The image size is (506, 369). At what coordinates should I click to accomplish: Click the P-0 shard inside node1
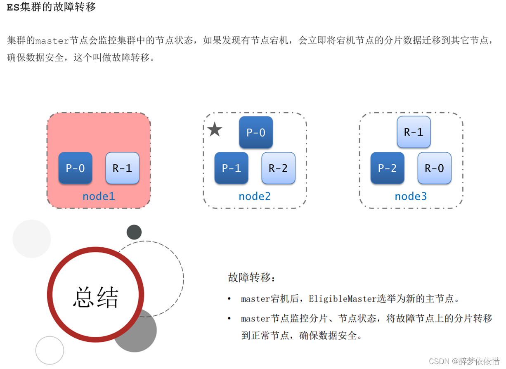point(75,168)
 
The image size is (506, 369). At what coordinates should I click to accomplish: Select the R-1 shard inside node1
point(123,168)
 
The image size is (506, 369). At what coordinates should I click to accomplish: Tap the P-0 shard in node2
point(256,132)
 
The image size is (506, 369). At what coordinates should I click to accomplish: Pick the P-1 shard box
point(231,168)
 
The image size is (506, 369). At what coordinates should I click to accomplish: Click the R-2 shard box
point(278,168)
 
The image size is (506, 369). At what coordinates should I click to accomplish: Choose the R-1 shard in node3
point(414,132)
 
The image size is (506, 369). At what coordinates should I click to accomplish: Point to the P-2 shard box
point(387,168)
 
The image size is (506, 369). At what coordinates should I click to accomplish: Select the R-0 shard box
point(434,168)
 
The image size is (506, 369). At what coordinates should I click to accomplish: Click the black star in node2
point(215,130)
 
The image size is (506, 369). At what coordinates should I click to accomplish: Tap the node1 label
point(99,196)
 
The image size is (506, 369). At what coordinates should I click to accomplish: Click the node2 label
point(255,196)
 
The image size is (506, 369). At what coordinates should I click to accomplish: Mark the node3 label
point(411,196)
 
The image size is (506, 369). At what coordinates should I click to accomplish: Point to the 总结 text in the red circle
point(96,297)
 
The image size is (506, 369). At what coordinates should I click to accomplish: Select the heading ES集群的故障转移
point(51,7)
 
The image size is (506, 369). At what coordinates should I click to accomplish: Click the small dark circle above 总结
point(134,232)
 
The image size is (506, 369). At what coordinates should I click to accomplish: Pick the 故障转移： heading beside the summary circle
point(251,277)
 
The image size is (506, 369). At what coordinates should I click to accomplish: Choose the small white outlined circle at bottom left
point(50,350)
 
